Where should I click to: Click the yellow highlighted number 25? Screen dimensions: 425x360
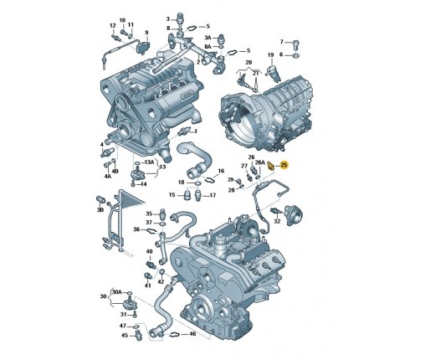pos(284,165)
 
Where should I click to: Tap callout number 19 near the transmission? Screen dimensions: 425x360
pos(271,55)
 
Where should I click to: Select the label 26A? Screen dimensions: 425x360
pos(260,162)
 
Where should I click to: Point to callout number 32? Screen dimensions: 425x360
pos(277,221)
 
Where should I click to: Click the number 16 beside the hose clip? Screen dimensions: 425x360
pos(221,171)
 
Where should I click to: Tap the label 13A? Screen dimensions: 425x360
pos(149,162)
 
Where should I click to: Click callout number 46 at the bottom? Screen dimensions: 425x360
pos(192,334)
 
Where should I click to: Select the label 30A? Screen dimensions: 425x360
pos(117,292)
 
